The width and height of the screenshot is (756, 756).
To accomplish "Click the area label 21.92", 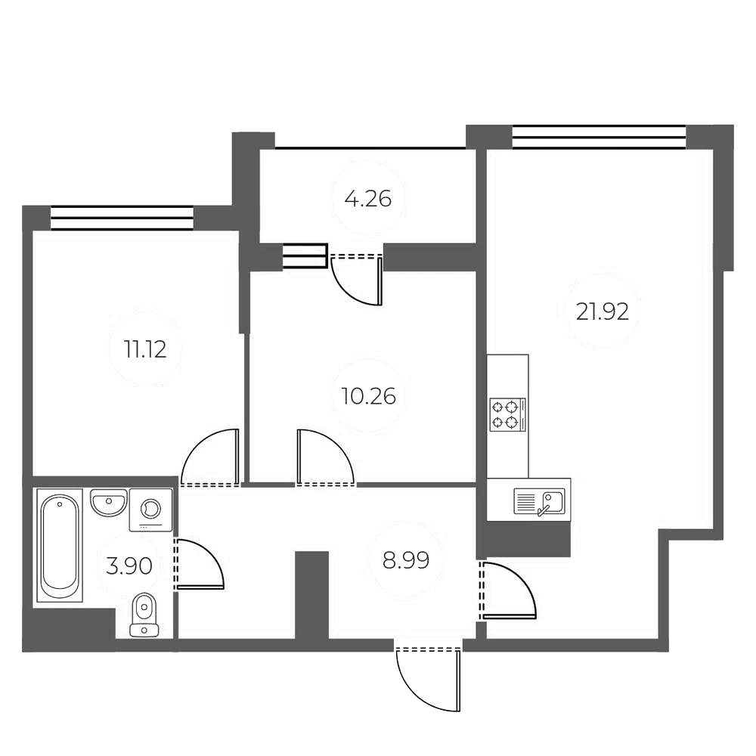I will point(602,311).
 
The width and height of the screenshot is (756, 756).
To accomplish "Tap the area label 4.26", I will point(367,200).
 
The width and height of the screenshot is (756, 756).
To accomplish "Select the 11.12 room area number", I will point(144,349).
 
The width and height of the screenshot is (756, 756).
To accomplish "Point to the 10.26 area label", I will point(368,395).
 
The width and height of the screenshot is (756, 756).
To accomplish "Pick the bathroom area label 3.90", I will point(129,565).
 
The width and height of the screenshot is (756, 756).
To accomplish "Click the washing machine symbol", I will point(150,508).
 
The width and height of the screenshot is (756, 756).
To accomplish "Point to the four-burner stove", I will point(507,414).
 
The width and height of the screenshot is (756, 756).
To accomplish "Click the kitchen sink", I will point(538,501).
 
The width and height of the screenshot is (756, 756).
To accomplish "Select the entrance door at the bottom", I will point(429,677).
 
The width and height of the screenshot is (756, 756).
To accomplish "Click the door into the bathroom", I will point(197,564).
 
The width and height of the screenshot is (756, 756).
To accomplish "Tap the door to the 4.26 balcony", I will point(358,279).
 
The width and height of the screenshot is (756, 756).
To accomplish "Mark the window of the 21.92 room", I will point(599,137).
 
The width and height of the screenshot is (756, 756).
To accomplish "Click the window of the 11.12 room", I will point(122,218).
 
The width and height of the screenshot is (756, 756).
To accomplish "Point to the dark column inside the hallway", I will point(311,595).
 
